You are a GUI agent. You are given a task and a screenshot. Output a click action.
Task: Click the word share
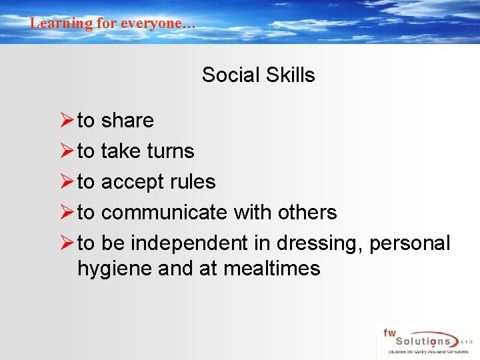(x=127, y=121)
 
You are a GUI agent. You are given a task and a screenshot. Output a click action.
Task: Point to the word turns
(x=171, y=151)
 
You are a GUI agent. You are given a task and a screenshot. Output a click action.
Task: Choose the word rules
(x=191, y=182)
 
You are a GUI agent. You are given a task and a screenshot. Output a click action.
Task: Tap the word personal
(x=410, y=244)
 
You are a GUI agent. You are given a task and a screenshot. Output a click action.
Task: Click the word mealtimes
(x=272, y=269)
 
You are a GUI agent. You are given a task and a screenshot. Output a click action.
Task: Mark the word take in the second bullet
(x=121, y=151)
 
